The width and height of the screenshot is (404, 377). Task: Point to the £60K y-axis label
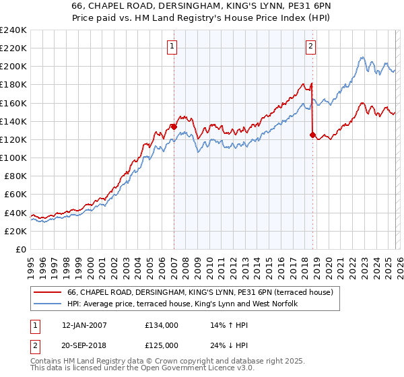15,195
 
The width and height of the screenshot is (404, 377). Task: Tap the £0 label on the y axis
22,249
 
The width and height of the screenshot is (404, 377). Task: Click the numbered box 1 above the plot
172,46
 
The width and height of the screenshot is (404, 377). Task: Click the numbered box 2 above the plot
310,46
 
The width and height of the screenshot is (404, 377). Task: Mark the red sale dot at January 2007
174,126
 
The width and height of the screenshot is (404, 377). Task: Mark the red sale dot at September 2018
312,135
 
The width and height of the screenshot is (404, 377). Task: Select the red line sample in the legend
47,292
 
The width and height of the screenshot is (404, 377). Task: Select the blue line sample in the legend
47,304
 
